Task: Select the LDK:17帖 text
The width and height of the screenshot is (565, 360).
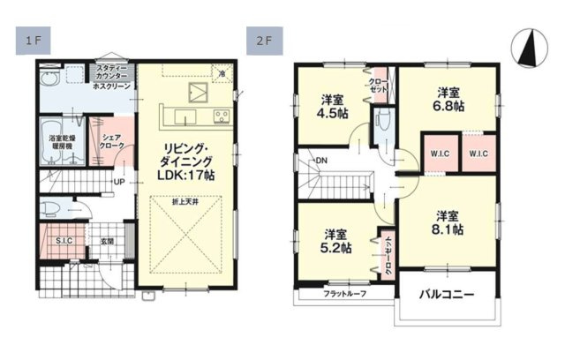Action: [185, 175]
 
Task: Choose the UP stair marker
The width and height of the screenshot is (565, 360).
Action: [118, 183]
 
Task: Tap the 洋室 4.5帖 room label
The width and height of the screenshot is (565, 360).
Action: [334, 106]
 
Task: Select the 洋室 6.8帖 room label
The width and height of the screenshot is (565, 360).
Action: [448, 99]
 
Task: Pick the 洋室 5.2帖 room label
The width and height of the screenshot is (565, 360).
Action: [335, 240]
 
